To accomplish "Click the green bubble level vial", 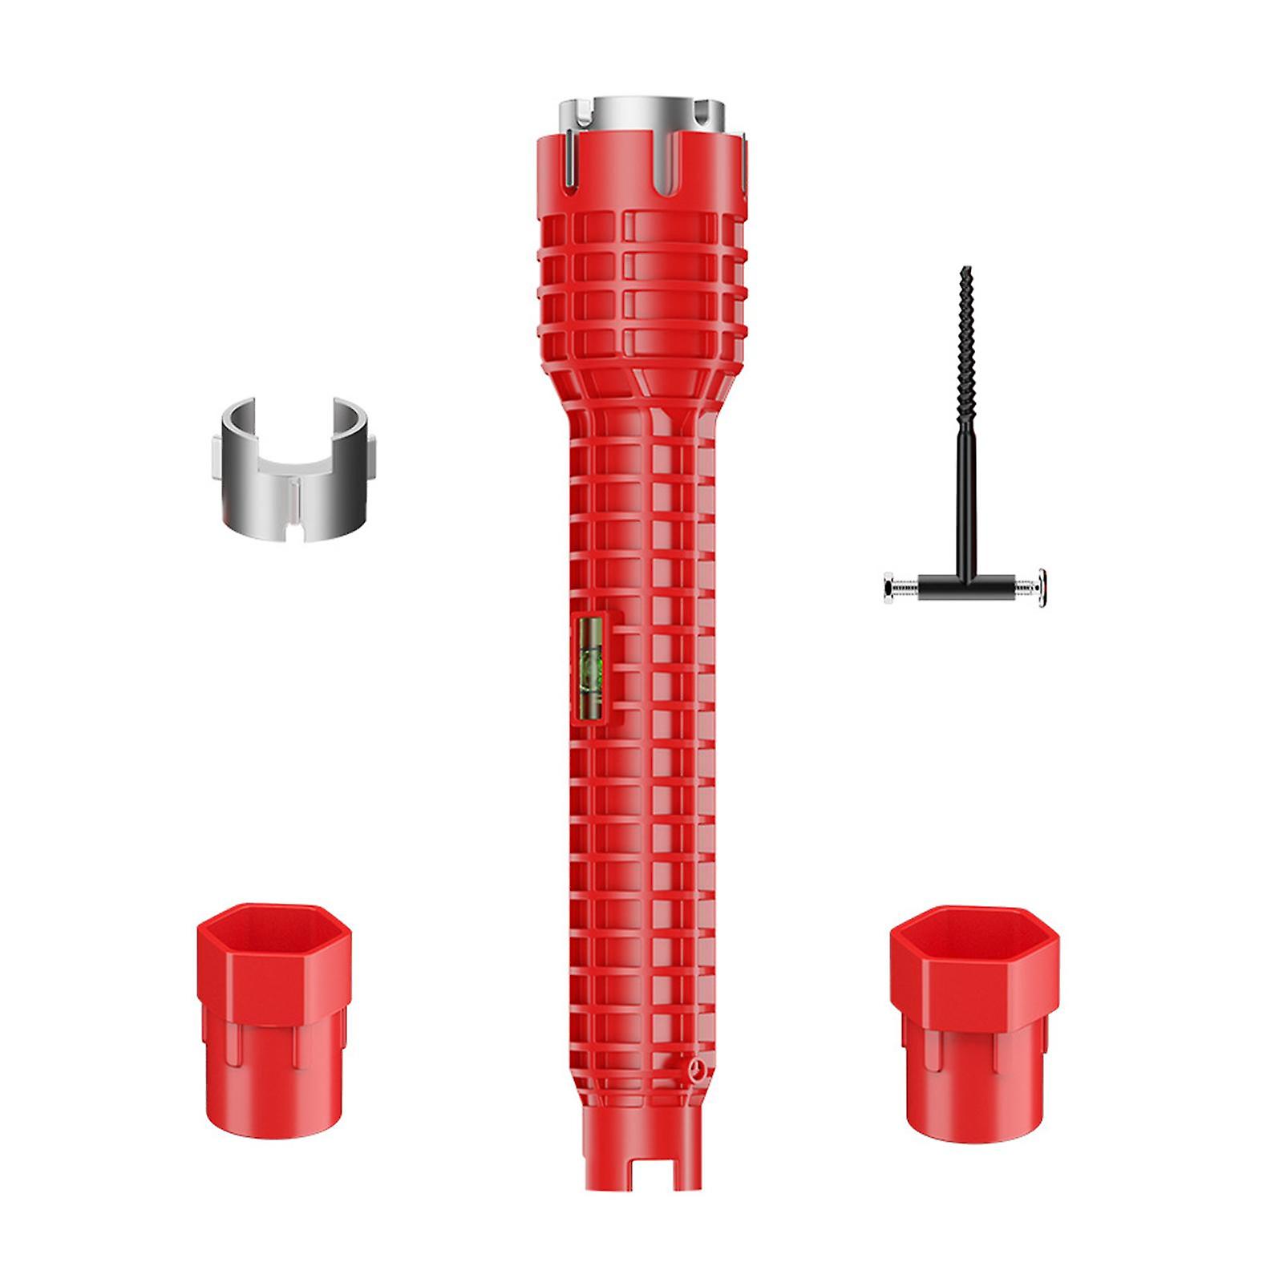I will click(x=592, y=666).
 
